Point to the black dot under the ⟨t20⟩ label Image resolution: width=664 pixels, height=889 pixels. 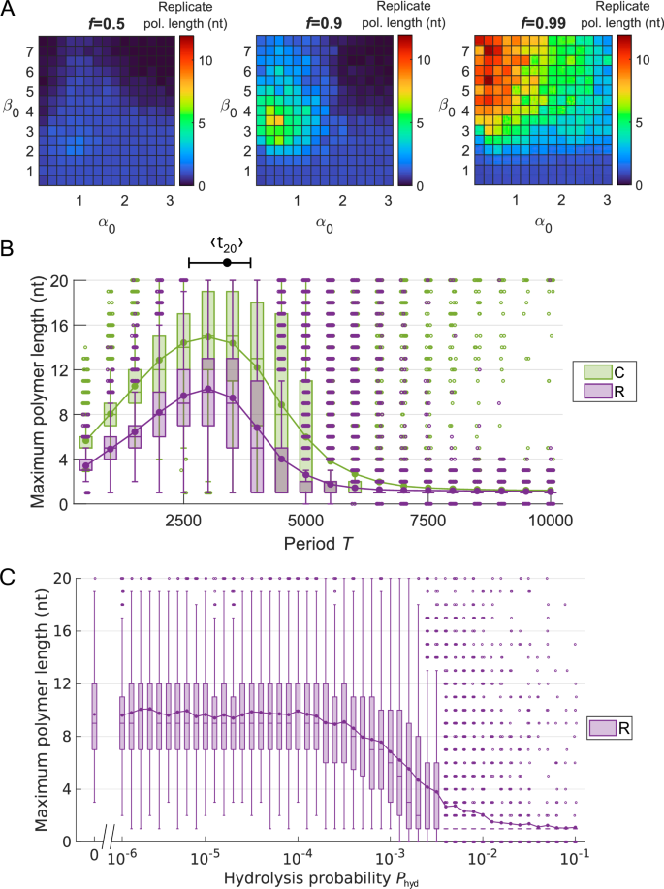[227, 262]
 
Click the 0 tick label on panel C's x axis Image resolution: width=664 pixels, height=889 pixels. [94, 858]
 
